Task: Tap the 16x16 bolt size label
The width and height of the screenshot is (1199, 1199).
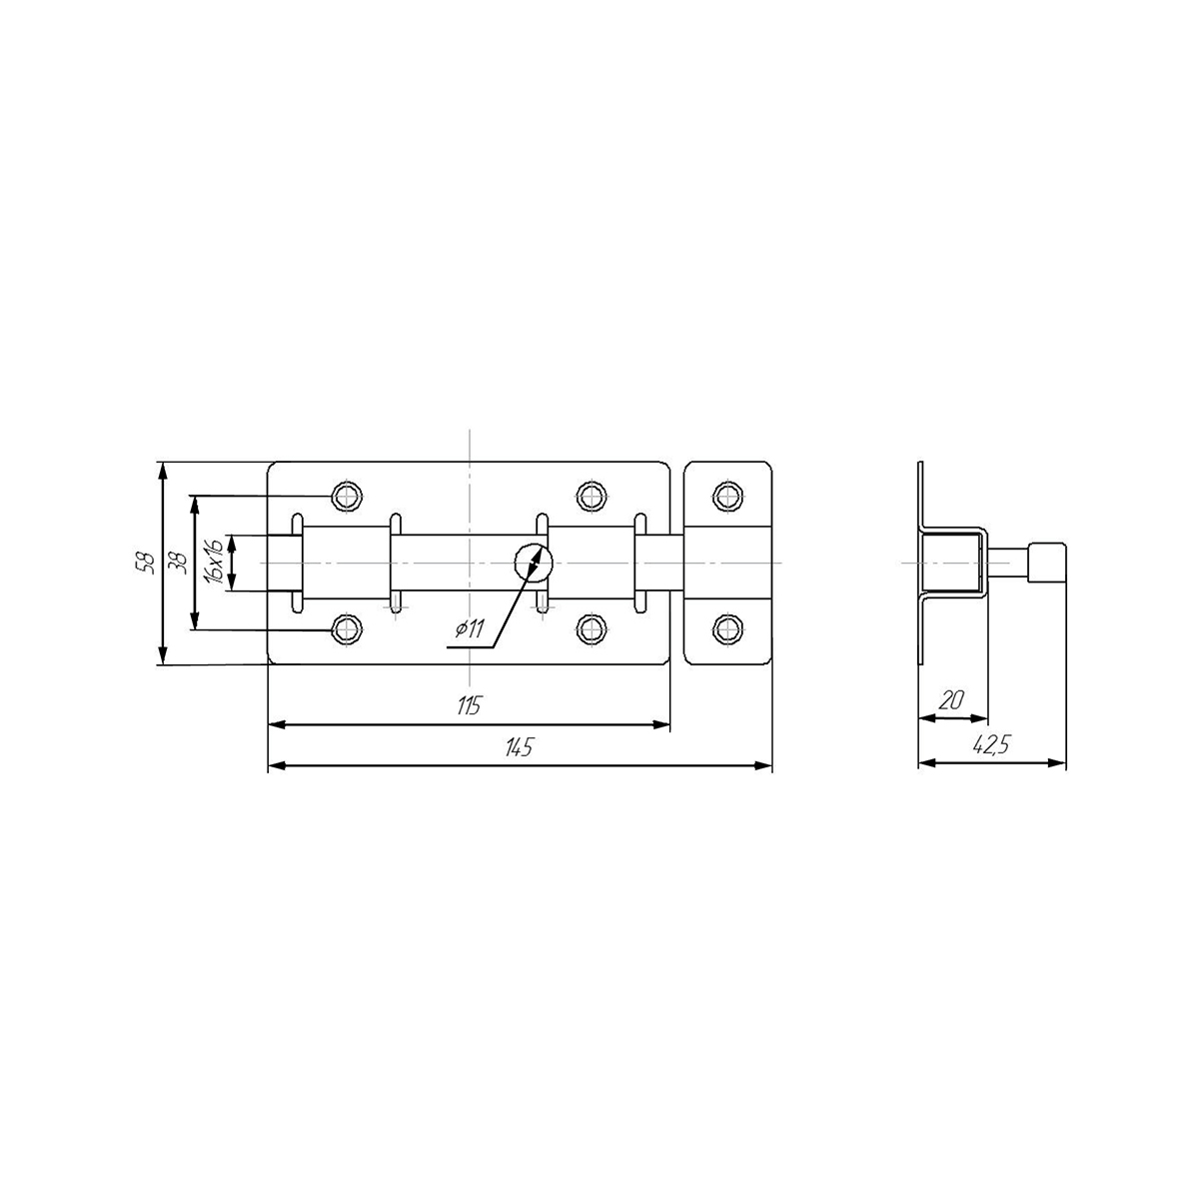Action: coord(214,562)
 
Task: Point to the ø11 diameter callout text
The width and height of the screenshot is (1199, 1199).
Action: coord(470,630)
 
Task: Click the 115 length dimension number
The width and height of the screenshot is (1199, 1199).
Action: coord(470,705)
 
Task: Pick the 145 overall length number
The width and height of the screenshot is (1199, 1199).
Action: coord(519,747)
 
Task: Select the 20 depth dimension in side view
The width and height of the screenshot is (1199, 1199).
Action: coord(951,700)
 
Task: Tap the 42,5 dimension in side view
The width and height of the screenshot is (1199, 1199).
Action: coord(993,744)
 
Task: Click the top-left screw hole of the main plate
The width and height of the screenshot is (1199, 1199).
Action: coord(347,496)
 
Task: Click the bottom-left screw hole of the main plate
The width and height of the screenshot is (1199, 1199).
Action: coord(347,629)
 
